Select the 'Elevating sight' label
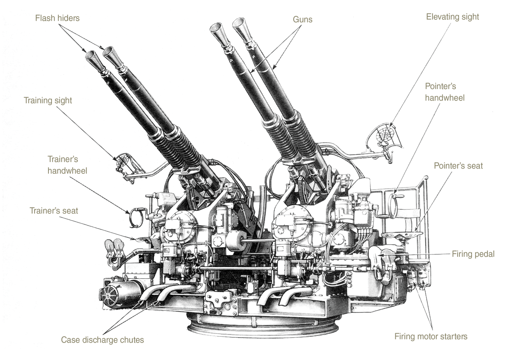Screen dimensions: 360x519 (x=452, y=17)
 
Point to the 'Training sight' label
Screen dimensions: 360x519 (x=48, y=100)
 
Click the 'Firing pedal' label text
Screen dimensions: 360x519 (x=473, y=254)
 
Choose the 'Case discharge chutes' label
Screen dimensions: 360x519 (x=103, y=340)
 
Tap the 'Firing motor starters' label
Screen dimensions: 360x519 (x=431, y=336)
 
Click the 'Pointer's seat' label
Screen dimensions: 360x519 (x=458, y=166)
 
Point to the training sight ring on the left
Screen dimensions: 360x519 (x=122, y=161)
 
